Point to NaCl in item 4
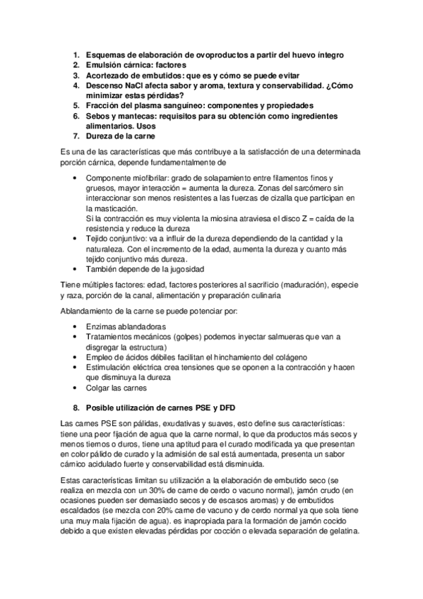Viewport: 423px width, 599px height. click(x=138, y=85)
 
